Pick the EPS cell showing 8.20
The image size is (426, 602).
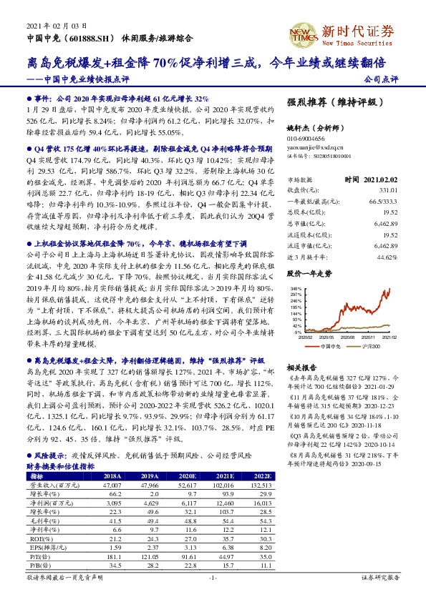click(264, 547)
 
